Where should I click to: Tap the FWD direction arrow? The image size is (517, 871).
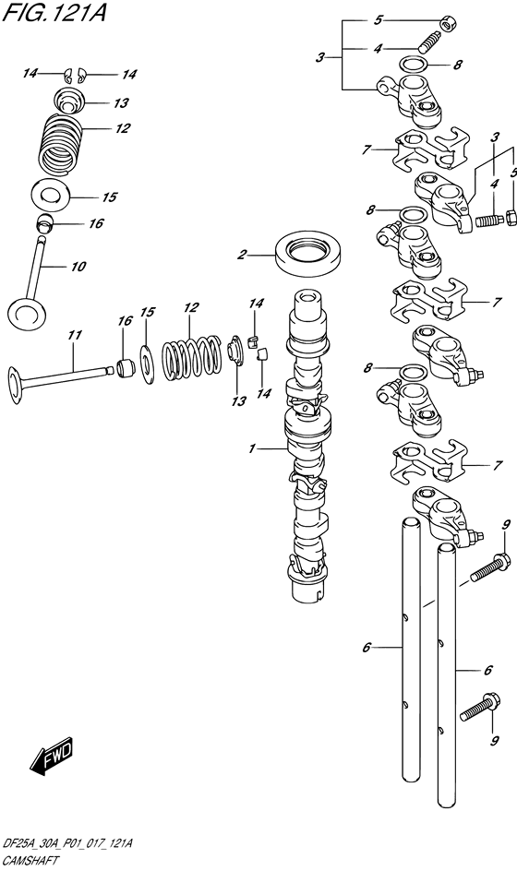(x=51, y=755)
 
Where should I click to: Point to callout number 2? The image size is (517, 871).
(x=242, y=255)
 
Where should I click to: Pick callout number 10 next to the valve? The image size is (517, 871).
(x=78, y=268)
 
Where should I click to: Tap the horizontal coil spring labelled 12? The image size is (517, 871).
(x=191, y=352)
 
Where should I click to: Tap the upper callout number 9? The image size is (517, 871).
(x=505, y=525)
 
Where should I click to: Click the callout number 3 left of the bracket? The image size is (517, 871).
(x=320, y=57)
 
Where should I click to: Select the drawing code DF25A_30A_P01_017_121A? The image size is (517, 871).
(x=66, y=844)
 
